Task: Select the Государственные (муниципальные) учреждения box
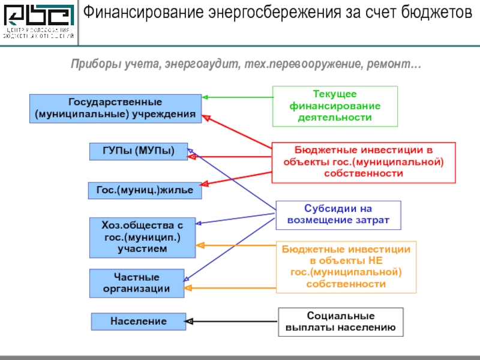[x=116, y=109]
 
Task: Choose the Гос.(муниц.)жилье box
[x=145, y=190]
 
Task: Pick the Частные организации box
[x=137, y=283]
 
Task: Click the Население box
[x=138, y=322]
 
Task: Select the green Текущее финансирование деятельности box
[x=335, y=106]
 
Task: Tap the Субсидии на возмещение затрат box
[x=338, y=215]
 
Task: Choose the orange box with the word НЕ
[x=346, y=266]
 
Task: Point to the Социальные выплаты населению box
[x=340, y=322]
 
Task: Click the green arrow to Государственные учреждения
[x=237, y=97]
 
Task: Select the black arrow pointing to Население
[x=232, y=322]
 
